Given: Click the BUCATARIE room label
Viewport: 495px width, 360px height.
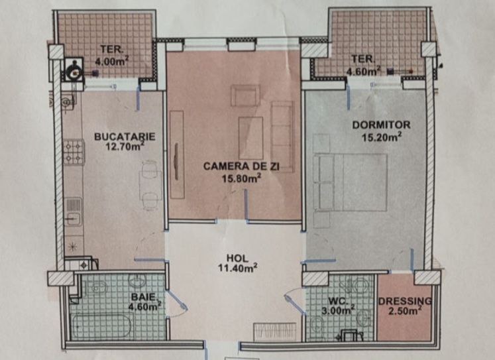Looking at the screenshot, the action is coord(125,137).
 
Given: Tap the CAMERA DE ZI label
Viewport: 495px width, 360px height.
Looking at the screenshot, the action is coord(241,166).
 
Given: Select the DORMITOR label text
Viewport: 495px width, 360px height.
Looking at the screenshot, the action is coord(381,125).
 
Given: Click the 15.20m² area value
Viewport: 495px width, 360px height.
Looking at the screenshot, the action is coord(382,137).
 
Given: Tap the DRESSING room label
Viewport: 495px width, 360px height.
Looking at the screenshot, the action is coord(405,301).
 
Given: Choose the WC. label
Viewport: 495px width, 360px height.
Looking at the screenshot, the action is coord(338,300).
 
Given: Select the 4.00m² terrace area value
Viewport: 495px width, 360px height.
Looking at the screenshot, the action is coord(112,60).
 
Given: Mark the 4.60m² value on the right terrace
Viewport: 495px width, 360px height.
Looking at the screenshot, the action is coord(363,71).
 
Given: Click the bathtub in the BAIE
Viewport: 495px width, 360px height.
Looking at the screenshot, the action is coord(101,326).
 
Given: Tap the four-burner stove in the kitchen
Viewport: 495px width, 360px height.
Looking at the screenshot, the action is coord(74,152).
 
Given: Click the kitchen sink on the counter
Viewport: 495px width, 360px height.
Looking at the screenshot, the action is coord(74,211).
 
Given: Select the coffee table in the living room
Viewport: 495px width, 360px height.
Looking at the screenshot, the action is coord(251,138).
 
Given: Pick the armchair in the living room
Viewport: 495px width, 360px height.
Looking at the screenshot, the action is coord(245,95).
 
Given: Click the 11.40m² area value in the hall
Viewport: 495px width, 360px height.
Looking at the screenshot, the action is coord(237,269).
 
